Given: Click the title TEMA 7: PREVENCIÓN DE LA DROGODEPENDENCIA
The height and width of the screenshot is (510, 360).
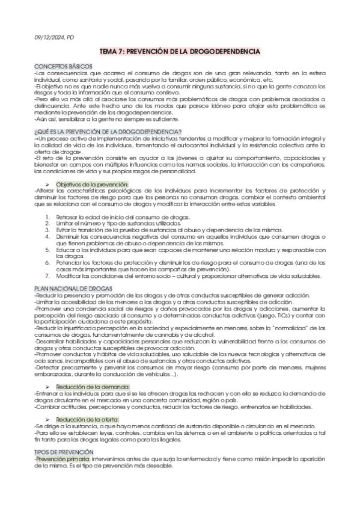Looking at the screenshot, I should tap(180, 52).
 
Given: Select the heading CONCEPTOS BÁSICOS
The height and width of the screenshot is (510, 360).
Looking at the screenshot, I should tap(63, 65).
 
